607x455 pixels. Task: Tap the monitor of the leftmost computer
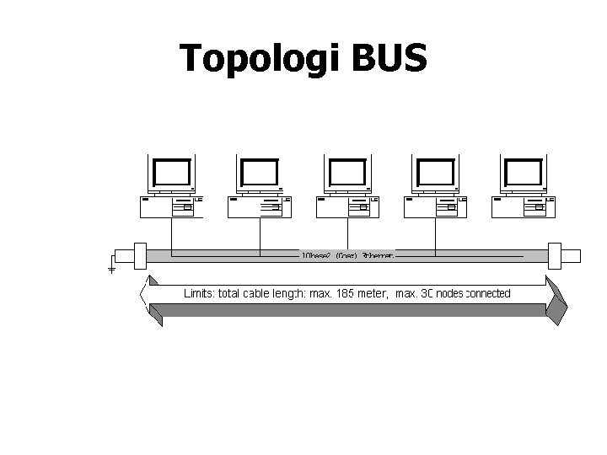tap(170, 174)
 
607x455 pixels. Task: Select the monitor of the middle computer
tap(347, 174)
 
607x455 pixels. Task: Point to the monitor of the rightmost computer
tap(524, 174)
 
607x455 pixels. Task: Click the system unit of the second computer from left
tap(260, 206)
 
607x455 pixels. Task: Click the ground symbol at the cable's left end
tap(111, 270)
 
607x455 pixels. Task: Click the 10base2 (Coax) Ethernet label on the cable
tap(346, 254)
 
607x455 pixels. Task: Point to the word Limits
tap(199, 294)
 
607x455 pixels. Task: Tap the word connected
tap(487, 294)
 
